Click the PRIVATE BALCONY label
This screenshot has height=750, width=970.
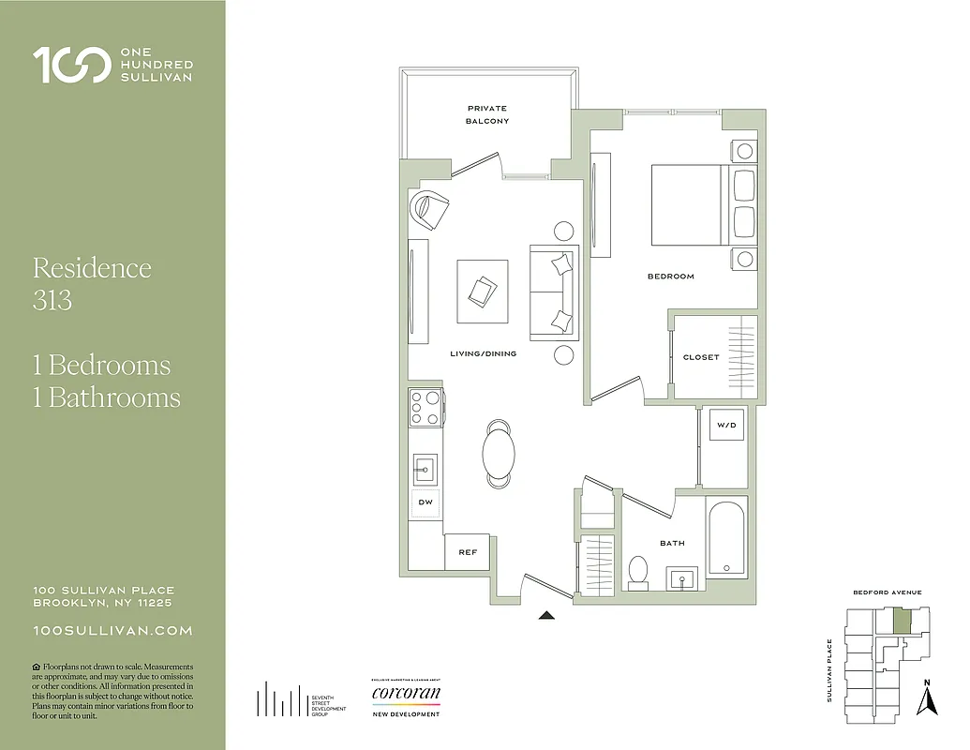pos(487,114)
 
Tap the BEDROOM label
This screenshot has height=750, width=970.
pos(670,277)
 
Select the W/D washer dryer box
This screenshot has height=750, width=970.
pos(726,426)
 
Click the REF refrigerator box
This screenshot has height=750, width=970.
pos(468,552)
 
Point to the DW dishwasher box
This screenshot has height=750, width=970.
pos(425,503)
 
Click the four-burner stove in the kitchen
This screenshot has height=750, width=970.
pos(425,408)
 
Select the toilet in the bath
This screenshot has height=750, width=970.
pos(639,572)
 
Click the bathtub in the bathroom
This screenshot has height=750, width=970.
pos(726,540)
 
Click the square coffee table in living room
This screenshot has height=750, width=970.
pos(482,291)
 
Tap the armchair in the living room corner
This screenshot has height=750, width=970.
pos(428,209)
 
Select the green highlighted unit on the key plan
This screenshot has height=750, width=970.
pos(901,620)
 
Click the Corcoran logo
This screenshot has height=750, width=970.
pos(405,695)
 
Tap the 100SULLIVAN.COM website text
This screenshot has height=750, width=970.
pos(112,632)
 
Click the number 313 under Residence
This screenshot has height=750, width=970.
pos(52,300)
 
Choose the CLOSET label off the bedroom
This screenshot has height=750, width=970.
pos(701,357)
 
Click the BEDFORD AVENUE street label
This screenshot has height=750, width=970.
pos(887,592)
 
